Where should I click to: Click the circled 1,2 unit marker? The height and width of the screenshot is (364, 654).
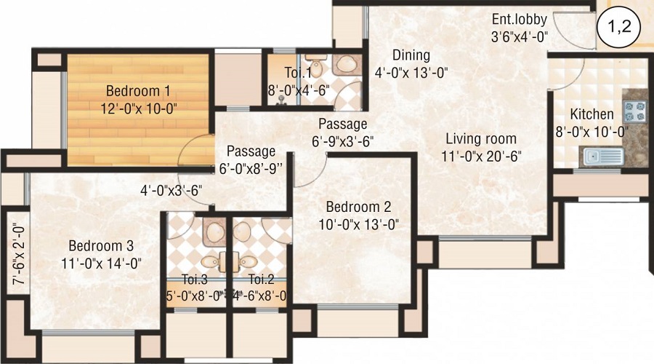[x=618, y=28]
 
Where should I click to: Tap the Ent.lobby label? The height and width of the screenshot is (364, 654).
[x=520, y=19]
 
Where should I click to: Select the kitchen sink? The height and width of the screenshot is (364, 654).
[x=604, y=157]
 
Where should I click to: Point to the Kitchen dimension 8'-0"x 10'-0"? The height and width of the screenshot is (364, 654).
[x=592, y=132]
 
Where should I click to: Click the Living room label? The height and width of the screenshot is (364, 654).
[x=481, y=139]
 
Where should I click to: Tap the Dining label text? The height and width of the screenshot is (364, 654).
[x=411, y=55]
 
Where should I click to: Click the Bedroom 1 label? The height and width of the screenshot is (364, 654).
[x=138, y=91]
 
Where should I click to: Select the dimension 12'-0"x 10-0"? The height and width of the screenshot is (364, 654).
[x=139, y=108]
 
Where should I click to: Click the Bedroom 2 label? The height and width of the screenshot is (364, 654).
[x=359, y=207]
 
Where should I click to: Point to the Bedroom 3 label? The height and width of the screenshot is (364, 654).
[x=101, y=245]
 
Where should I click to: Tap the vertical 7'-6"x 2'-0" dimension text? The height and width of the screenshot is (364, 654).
[x=19, y=253]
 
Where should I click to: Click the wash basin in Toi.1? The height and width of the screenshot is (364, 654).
[x=346, y=64]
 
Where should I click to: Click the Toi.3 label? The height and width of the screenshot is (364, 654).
[x=195, y=279]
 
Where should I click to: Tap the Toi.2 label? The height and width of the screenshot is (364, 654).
[x=261, y=279]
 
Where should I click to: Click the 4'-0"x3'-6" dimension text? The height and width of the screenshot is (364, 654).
[x=171, y=191]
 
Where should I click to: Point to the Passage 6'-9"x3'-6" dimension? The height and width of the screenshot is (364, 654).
[x=342, y=142]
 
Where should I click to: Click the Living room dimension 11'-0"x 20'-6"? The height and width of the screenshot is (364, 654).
[x=481, y=157]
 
